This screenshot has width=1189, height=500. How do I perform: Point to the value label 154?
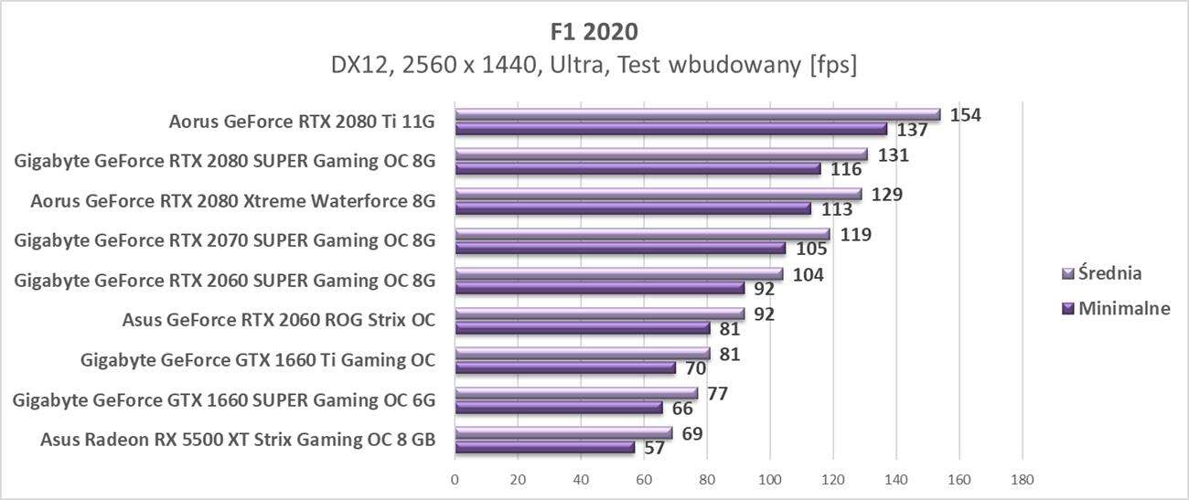pos(967,114)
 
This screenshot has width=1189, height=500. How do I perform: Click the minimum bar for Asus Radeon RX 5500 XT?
pos(544,448)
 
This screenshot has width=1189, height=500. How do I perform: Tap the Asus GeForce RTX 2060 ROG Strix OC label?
pos(278,320)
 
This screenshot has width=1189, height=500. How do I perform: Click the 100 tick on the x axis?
pos(770,478)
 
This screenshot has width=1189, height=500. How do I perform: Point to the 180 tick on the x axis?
pos(1022,478)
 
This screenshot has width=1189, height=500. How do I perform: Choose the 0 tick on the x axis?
pos(455,478)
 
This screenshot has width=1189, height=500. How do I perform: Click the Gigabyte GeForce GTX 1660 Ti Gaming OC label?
pos(258,359)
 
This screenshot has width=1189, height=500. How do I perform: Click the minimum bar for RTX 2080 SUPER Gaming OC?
pos(637,169)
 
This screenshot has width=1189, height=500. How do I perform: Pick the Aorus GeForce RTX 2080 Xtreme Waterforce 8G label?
pos(232,200)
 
